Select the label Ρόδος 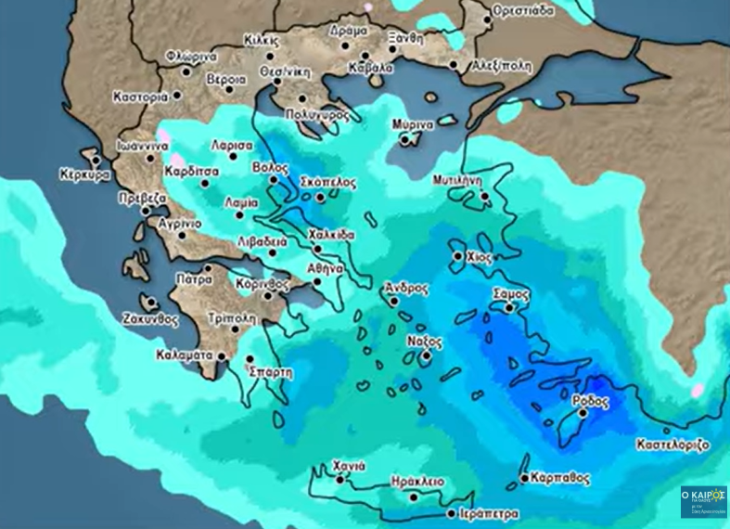coord(592,401)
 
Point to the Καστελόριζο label coord(672,445)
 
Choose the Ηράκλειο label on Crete coord(414,482)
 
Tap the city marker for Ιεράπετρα coord(451,513)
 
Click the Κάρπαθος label coord(560,479)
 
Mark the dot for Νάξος coord(426,355)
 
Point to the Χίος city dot coord(458,255)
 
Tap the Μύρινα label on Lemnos coord(411,124)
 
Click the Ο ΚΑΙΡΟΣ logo coord(704,501)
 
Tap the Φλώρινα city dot coord(186,71)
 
